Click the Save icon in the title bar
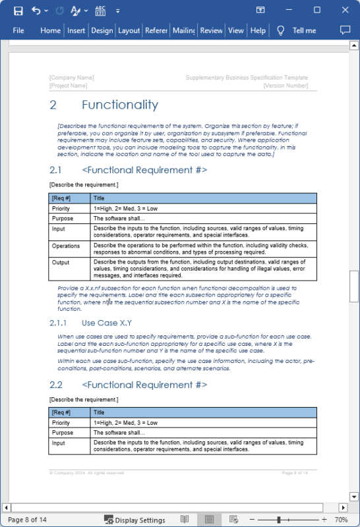click(18, 11)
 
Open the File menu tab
click(18, 30)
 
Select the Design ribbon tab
click(102, 30)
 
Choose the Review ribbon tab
click(211, 30)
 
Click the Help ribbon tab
click(258, 30)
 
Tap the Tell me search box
click(304, 30)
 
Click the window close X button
click(345, 10)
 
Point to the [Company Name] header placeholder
click(71, 78)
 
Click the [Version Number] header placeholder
click(285, 86)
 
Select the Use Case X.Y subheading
click(107, 323)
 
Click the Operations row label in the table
click(66, 246)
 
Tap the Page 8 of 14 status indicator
click(27, 520)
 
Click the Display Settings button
click(135, 520)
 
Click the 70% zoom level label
click(341, 520)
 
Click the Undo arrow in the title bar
click(36, 11)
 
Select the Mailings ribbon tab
click(183, 30)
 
